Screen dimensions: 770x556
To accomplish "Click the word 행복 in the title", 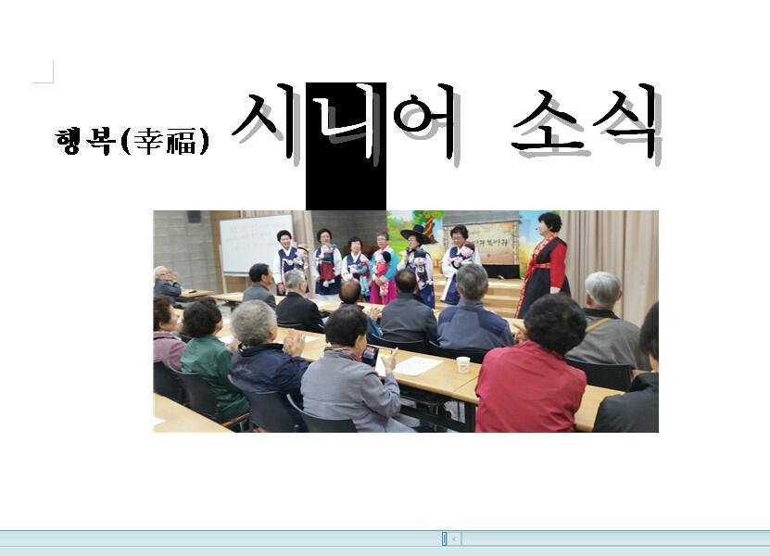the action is (86, 142).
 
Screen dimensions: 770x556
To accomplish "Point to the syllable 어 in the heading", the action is (427, 123).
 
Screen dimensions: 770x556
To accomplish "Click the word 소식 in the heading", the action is (587, 123).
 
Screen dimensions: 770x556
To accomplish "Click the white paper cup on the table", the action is (463, 364).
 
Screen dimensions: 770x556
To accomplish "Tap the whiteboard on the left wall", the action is (256, 244).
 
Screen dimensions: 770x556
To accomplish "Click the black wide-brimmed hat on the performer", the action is (416, 234).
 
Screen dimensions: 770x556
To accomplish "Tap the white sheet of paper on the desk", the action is (418, 365).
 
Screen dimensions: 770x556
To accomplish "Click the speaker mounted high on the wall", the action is (194, 217).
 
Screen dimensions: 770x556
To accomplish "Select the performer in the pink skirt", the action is (384, 268).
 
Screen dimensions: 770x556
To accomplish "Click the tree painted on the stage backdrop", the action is (426, 223).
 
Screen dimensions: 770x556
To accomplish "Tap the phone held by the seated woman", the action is (370, 355).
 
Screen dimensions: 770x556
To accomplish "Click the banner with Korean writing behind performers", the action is (481, 243).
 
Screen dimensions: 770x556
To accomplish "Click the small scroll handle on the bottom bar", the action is (444, 538).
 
